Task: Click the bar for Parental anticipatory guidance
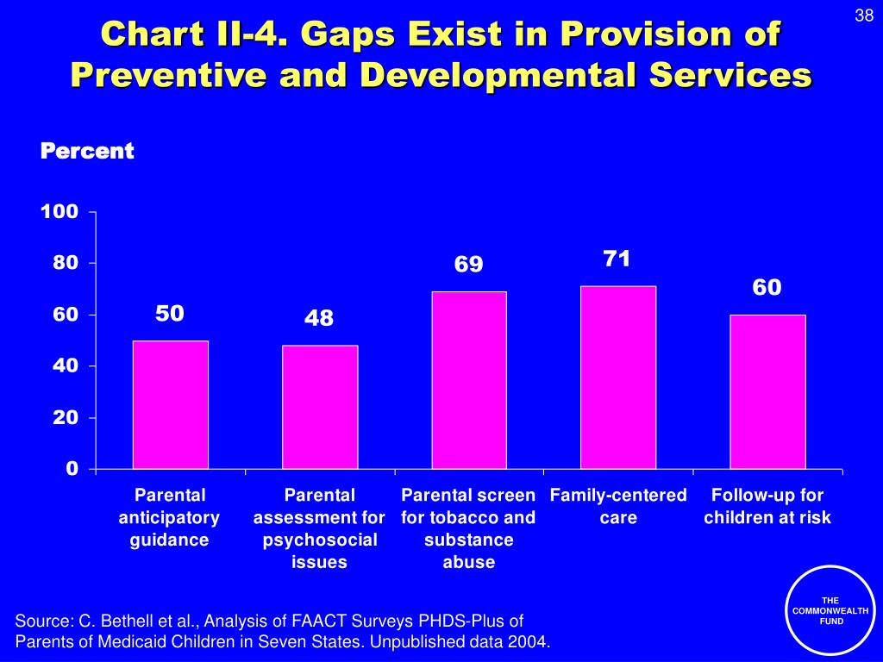(170, 404)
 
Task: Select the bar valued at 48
(319, 407)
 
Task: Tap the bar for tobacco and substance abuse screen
(468, 380)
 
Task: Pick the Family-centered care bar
(617, 377)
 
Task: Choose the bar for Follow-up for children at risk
(767, 391)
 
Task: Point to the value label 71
(617, 259)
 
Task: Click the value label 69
(469, 264)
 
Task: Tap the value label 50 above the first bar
(170, 313)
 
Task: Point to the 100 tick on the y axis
(61, 212)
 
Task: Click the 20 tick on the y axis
(66, 418)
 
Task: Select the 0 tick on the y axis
(72, 469)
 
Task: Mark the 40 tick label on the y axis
(66, 366)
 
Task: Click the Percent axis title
(87, 152)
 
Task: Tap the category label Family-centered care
(618, 507)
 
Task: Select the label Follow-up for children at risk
(767, 507)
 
